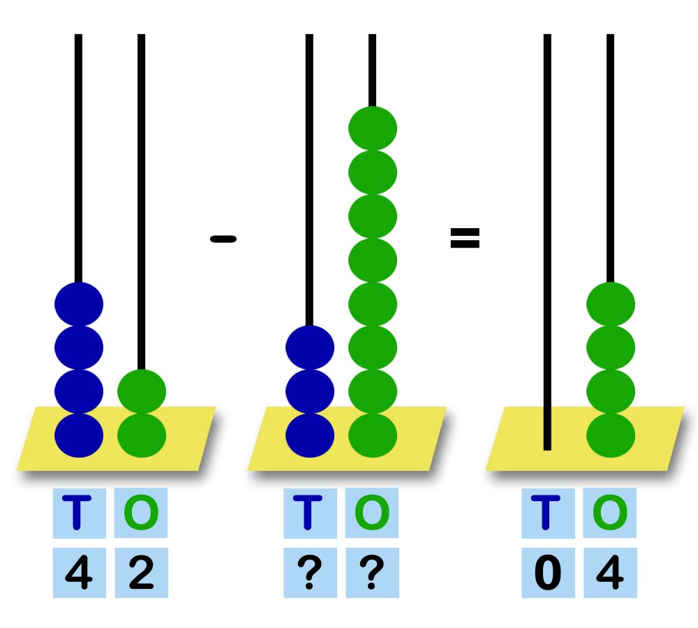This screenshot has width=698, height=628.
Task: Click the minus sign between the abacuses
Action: (223, 239)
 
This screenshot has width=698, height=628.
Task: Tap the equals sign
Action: (465, 239)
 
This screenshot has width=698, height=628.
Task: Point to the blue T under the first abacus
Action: (79, 513)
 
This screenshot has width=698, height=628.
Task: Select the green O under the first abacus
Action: (141, 513)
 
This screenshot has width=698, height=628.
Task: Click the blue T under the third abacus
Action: (548, 513)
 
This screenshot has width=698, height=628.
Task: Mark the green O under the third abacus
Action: (610, 513)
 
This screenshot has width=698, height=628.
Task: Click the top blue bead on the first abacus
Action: (79, 304)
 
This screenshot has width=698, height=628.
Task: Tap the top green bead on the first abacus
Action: (142, 391)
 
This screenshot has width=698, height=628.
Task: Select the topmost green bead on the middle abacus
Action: (373, 128)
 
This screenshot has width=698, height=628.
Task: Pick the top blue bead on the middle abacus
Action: (310, 347)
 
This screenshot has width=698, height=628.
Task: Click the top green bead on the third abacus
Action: (611, 304)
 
